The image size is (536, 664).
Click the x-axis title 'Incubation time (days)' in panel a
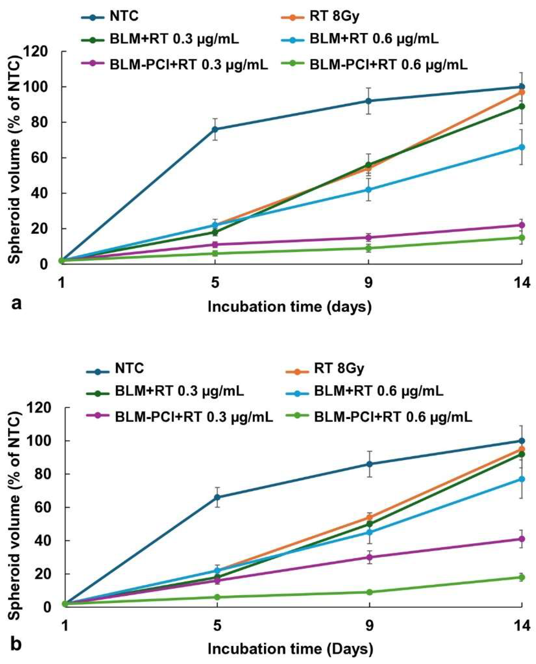(x=290, y=307)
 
